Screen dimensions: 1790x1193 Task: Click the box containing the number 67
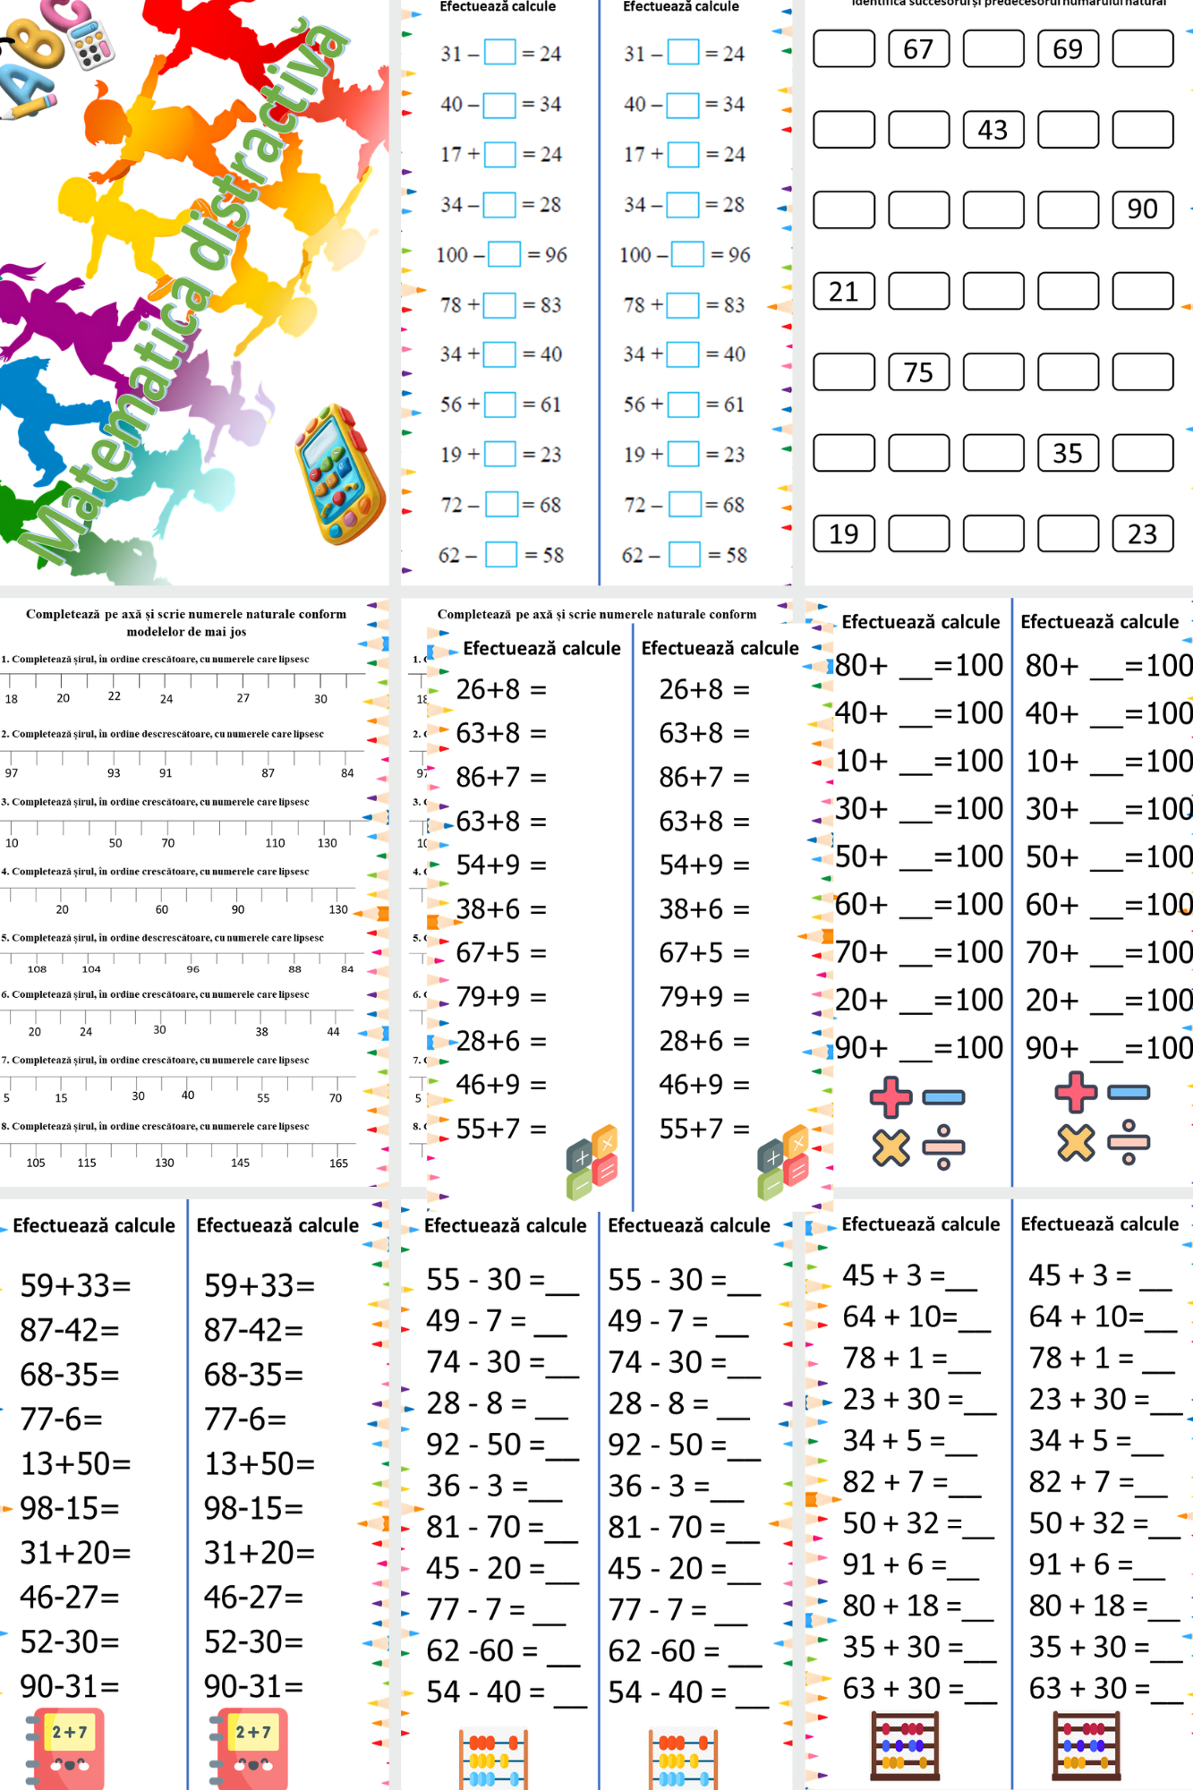point(918,49)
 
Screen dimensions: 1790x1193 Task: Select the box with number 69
point(1068,49)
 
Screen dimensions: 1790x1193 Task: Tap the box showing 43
point(993,130)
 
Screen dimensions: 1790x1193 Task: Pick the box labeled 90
point(1142,209)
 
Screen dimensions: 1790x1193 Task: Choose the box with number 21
point(843,292)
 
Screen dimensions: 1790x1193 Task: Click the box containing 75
point(918,372)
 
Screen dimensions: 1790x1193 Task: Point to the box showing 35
point(1068,453)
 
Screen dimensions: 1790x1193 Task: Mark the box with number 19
point(843,534)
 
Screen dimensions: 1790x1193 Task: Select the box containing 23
point(1142,534)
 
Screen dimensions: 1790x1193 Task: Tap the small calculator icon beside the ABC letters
point(92,43)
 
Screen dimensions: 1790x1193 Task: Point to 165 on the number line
point(338,1163)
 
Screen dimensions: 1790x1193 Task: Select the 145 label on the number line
point(240,1163)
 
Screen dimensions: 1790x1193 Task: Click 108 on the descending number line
point(37,969)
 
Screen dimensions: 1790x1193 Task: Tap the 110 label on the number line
point(275,843)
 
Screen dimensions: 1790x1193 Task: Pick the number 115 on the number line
point(87,1163)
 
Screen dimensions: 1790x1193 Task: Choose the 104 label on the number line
point(91,969)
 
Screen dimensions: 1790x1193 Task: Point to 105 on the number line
point(36,1163)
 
